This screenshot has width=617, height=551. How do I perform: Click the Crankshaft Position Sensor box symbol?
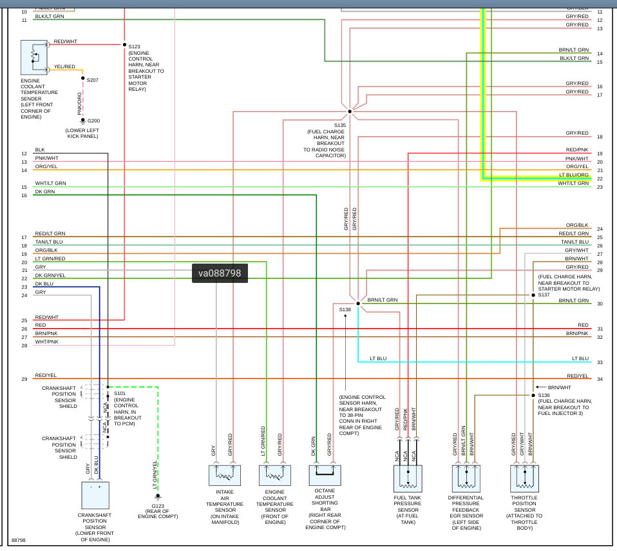(95, 495)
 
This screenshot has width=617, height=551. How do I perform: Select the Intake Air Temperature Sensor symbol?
(224, 475)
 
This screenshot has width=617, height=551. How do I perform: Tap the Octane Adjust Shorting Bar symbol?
(325, 475)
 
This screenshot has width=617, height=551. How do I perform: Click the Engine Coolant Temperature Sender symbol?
(34, 57)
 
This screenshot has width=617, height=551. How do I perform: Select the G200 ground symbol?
(82, 121)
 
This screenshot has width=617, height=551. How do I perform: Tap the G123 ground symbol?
(158, 496)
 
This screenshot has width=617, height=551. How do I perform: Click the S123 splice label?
(134, 46)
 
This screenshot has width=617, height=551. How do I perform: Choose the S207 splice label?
(93, 80)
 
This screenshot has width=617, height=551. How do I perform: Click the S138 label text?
(345, 309)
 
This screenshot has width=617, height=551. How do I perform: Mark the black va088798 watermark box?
(220, 273)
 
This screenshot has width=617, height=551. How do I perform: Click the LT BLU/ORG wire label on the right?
(573, 175)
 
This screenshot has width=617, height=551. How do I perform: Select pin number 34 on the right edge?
(600, 379)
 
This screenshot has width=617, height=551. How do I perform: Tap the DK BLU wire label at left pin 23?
(44, 284)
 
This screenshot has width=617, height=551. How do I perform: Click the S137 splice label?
(544, 295)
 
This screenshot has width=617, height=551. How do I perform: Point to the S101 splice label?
(120, 393)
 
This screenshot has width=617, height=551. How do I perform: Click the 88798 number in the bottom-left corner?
(19, 540)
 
